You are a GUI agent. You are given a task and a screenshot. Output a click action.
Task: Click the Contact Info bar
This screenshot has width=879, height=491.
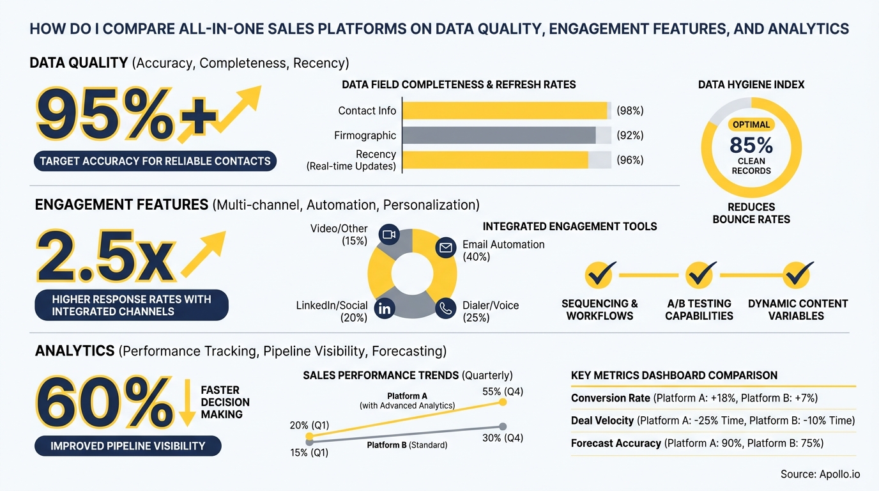click(505, 111)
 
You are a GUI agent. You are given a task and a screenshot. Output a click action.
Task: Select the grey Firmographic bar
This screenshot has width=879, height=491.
click(499, 136)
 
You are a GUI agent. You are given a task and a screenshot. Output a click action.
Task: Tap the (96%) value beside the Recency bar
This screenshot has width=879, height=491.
click(630, 160)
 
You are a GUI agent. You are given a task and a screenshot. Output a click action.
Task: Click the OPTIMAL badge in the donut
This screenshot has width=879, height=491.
click(751, 125)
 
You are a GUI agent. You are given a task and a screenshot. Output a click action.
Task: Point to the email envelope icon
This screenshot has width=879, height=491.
click(445, 247)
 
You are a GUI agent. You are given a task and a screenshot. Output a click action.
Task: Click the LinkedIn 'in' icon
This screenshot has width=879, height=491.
click(385, 309)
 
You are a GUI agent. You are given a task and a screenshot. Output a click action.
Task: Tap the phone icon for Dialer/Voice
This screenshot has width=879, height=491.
click(445, 308)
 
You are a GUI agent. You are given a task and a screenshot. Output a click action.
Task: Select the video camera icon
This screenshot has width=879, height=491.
click(388, 235)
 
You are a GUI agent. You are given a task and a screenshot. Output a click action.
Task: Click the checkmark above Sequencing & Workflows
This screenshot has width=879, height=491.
click(600, 275)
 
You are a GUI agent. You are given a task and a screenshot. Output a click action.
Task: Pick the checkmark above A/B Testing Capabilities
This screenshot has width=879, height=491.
click(699, 275)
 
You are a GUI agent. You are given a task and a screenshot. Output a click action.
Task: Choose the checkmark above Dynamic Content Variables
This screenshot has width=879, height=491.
click(798, 275)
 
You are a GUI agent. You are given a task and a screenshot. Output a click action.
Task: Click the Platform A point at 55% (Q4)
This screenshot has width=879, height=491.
click(503, 402)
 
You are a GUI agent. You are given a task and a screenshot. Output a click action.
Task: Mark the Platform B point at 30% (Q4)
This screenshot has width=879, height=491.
click(503, 426)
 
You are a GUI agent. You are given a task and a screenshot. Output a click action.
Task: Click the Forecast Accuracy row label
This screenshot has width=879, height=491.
click(616, 443)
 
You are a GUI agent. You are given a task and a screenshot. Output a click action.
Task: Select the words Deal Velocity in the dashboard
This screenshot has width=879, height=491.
click(602, 421)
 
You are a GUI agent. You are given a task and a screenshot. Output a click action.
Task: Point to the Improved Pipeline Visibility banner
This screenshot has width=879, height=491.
click(128, 446)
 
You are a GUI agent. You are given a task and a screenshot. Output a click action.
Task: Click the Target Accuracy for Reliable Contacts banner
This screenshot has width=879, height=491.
click(155, 161)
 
